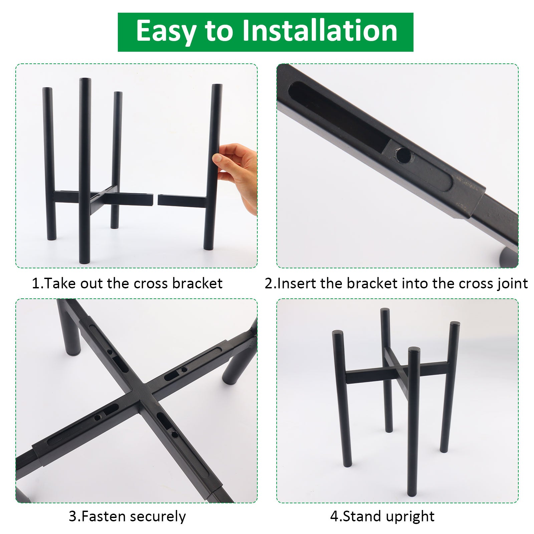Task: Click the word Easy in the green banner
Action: point(166,31)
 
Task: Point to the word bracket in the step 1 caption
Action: point(197,283)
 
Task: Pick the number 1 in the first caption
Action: point(36,284)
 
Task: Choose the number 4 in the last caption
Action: point(334,517)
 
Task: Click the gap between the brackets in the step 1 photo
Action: point(155,200)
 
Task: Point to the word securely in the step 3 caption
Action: point(158,517)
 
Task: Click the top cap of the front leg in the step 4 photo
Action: point(414,350)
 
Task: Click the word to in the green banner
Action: point(219,31)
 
